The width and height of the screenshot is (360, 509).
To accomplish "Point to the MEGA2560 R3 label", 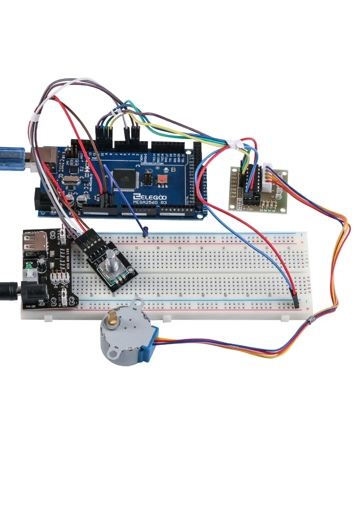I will [150, 202].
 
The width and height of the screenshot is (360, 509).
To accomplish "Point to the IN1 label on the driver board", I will [234, 174].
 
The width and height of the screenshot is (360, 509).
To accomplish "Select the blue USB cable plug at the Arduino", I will [12, 158].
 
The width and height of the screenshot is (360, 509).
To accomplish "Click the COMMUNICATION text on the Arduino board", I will [152, 164].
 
